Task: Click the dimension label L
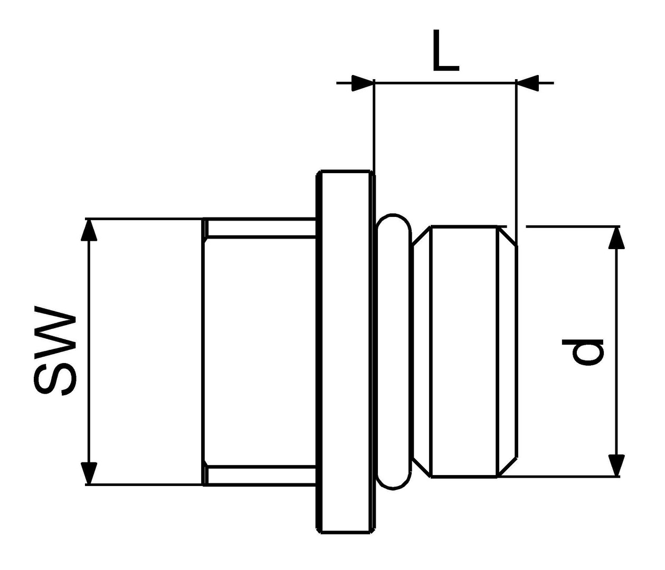click(x=446, y=51)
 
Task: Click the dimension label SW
click(x=55, y=351)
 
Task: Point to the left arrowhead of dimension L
click(x=363, y=83)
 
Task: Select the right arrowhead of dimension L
click(x=527, y=83)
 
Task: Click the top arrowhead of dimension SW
click(x=89, y=230)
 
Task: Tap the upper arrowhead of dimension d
click(x=616, y=237)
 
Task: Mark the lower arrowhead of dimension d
click(x=616, y=465)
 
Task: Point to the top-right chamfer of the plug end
click(x=508, y=236)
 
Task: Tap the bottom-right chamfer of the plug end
click(x=508, y=467)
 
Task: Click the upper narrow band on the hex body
click(x=260, y=229)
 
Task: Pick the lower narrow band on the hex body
click(x=260, y=475)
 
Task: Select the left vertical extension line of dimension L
click(x=374, y=126)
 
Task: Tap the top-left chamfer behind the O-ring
click(x=422, y=236)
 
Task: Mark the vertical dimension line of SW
click(x=89, y=351)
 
